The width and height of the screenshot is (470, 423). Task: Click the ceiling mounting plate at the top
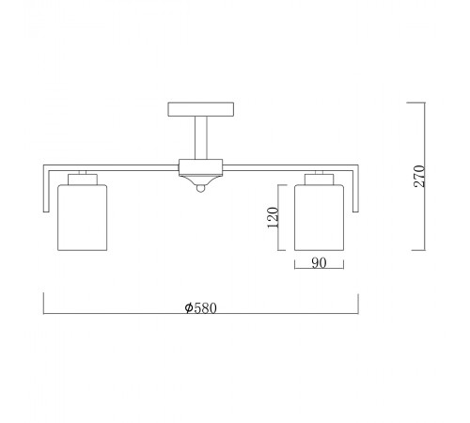click(200, 109)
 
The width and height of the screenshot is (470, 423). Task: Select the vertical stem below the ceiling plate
click(200, 137)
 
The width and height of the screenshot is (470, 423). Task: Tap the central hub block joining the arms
click(200, 167)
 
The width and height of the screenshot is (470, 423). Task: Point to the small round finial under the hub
click(200, 188)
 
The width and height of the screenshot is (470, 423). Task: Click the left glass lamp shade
click(83, 217)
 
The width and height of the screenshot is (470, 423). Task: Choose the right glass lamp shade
click(319, 217)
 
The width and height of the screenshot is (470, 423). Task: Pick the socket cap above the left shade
click(83, 180)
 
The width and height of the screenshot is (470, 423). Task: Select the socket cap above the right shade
click(320, 180)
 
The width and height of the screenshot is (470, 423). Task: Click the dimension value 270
click(419, 176)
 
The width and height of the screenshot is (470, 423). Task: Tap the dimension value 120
click(273, 217)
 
